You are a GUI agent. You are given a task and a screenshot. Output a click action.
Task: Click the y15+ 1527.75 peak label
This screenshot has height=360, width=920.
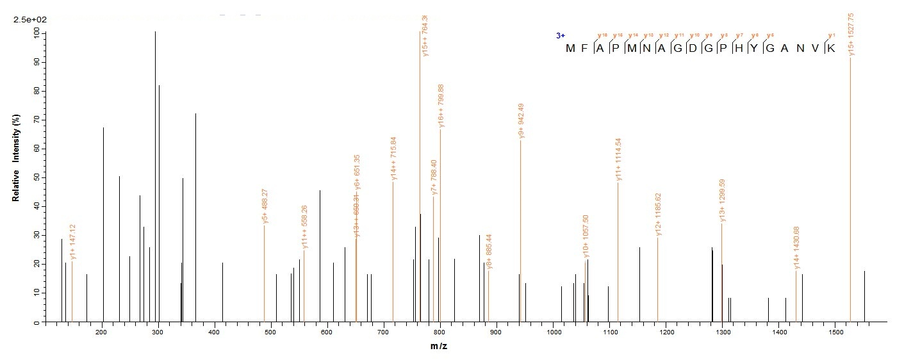[850, 34]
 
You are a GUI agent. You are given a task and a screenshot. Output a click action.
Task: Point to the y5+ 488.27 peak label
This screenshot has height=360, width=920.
[265, 206]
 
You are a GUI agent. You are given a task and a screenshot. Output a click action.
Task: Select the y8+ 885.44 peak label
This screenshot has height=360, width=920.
[489, 252]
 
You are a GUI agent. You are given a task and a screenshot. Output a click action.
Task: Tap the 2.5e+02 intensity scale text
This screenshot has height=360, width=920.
[29, 20]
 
